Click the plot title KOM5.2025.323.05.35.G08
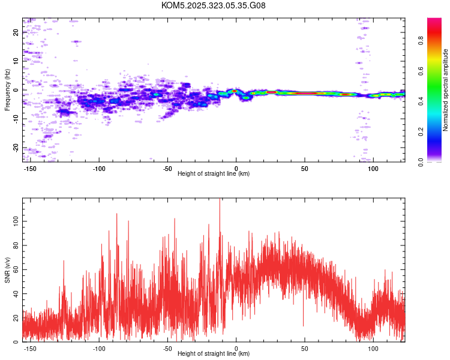[213, 5]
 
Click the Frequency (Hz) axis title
[7, 90]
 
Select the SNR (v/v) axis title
[7, 269]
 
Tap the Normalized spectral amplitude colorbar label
[445, 90]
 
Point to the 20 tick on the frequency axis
[16, 32]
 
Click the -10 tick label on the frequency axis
[16, 119]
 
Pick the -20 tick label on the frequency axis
[16, 148]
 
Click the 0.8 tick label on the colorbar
[421, 41]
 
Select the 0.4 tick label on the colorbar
[421, 101]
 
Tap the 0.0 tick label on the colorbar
[421, 161]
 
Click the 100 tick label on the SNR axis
[16, 221]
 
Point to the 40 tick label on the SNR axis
[16, 293]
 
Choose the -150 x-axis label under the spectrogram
[29, 169]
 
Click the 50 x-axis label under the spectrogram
[304, 169]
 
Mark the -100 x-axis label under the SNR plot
[99, 349]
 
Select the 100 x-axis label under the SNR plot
[373, 349]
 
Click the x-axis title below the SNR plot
[214, 353]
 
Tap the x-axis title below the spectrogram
[214, 173]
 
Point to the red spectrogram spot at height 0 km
[235, 91]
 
